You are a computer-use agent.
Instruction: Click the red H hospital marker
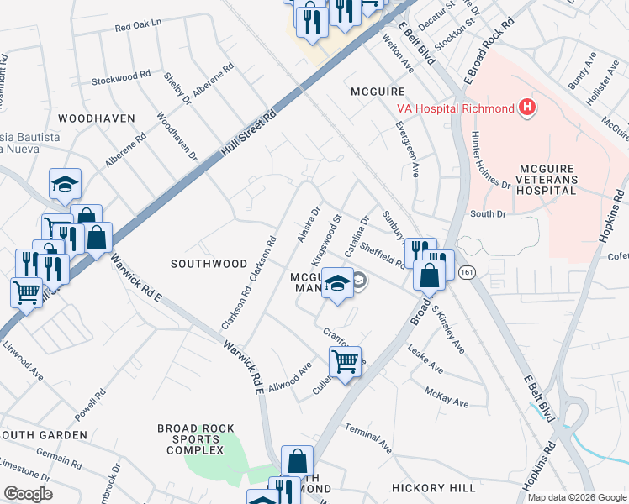tap(527, 108)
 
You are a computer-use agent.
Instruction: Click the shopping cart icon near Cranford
tap(345, 362)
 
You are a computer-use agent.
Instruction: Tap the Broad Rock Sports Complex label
tap(196, 439)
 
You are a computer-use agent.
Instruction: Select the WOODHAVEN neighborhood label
tap(97, 118)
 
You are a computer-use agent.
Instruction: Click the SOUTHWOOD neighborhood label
tap(209, 263)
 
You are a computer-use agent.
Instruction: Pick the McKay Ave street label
tap(447, 397)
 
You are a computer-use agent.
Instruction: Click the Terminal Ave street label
tap(368, 438)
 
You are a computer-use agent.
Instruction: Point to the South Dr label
tap(488, 214)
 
